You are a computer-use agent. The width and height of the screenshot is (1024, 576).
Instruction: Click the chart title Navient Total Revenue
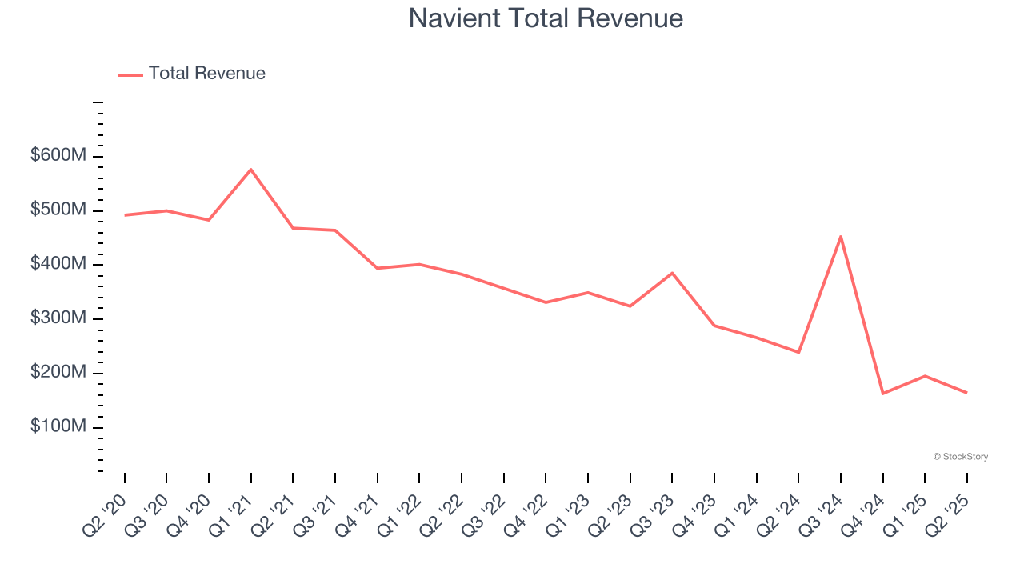[x=546, y=18]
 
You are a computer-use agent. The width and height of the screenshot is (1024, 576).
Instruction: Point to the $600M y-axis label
[x=58, y=155]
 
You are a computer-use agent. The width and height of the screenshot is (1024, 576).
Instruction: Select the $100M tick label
[x=58, y=426]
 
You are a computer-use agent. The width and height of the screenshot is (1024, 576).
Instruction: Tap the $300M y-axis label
[x=58, y=318]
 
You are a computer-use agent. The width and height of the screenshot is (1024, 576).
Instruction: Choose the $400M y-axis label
[x=58, y=264]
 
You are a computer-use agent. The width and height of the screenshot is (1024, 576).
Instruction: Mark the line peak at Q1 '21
[x=251, y=170]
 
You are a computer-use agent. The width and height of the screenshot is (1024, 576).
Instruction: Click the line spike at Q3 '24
[x=841, y=236]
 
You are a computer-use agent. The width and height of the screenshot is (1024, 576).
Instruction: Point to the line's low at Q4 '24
[x=883, y=394]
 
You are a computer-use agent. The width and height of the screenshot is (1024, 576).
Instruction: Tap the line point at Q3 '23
[x=672, y=273]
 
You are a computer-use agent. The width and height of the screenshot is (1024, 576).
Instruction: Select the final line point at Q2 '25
[x=966, y=393]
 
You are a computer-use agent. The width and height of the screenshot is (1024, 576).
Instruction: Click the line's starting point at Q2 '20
[x=125, y=215]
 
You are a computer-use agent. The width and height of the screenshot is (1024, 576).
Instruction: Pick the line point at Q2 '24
[x=798, y=352]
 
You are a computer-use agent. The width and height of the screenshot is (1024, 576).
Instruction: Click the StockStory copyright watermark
[x=960, y=457]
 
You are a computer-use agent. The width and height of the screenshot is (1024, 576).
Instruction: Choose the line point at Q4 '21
[x=378, y=268]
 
